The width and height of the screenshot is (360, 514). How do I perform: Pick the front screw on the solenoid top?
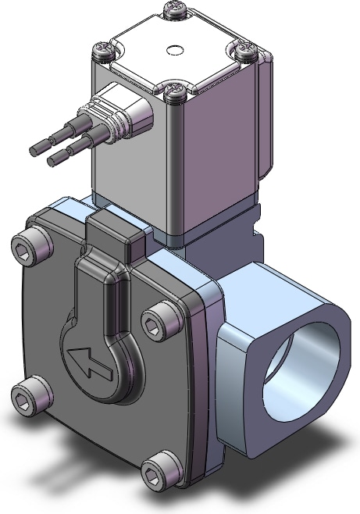point(174,91)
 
